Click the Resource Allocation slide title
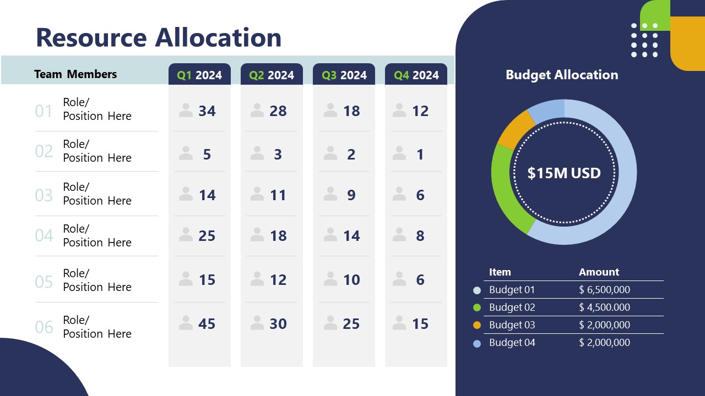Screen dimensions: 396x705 [x=159, y=37]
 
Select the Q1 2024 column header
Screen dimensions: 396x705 [x=199, y=75]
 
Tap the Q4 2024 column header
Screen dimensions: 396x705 [x=416, y=75]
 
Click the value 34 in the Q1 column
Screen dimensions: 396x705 [x=207, y=111]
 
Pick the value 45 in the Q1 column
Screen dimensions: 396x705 [x=207, y=324]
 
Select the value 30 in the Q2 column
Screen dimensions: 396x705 [x=278, y=324]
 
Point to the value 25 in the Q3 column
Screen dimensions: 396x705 [x=351, y=324]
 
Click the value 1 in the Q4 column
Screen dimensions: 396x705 [x=420, y=155]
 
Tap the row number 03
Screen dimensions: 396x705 [x=44, y=195]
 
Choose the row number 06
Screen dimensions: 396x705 [x=44, y=328]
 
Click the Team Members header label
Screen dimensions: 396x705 [x=75, y=74]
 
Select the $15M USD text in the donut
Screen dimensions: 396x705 [x=564, y=173]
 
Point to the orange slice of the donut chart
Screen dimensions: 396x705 [x=513, y=129]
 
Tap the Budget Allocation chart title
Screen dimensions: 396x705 [x=562, y=75]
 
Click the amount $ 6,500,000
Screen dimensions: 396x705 [x=604, y=290]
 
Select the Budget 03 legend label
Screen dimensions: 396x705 [x=512, y=325]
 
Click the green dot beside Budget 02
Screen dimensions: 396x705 [x=477, y=307]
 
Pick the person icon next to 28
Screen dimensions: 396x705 [x=257, y=111]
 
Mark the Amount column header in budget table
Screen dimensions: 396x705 [x=599, y=272]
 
